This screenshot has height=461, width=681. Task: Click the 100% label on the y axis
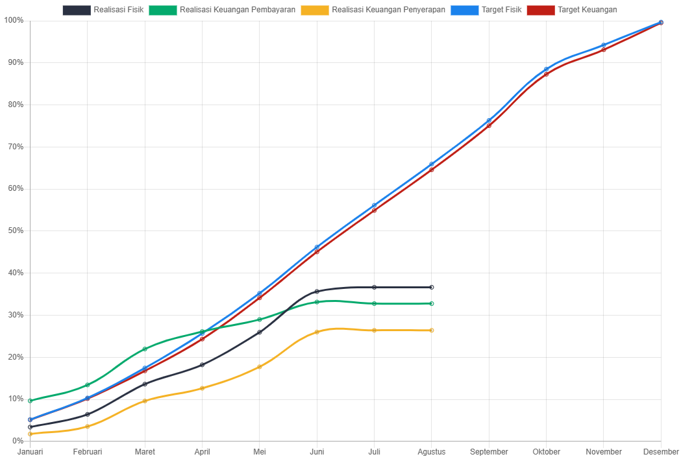pyautogui.click(x=14, y=20)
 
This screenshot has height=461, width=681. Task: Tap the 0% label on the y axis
pyautogui.click(x=17, y=441)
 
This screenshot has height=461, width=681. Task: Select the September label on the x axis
pyautogui.click(x=489, y=452)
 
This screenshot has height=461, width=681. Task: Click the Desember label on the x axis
pyautogui.click(x=661, y=452)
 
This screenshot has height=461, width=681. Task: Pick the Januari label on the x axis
pyautogui.click(x=31, y=452)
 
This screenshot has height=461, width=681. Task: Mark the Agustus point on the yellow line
pyautogui.click(x=432, y=330)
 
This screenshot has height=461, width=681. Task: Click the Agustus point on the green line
pyautogui.click(x=432, y=304)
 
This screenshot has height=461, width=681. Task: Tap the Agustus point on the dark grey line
pyautogui.click(x=432, y=287)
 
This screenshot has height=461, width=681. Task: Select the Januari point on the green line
pyautogui.click(x=31, y=401)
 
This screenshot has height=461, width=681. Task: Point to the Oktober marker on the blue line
pyautogui.click(x=546, y=69)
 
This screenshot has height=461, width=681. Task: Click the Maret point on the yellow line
pyautogui.click(x=145, y=401)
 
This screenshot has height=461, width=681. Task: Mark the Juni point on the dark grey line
pyautogui.click(x=317, y=292)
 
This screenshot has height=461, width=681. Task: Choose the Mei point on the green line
pyautogui.click(x=260, y=319)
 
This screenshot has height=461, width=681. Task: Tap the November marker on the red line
pyautogui.click(x=604, y=49)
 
